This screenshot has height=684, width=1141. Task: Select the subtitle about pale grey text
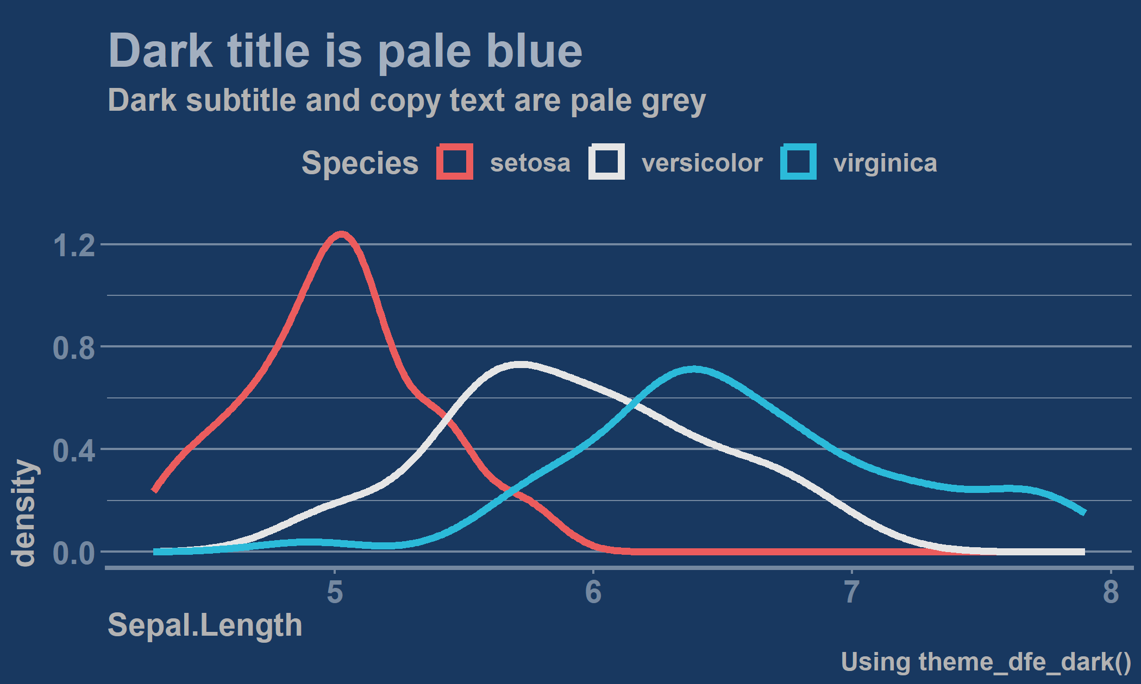406,101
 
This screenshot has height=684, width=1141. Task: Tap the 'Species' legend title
360,163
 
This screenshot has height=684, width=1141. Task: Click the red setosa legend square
455,162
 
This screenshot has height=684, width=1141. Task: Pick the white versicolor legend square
606,162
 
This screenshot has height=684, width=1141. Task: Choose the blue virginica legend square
798,162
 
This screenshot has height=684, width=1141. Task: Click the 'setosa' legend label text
530,163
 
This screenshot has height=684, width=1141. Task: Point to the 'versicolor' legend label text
702,163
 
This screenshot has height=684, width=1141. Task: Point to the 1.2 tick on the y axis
74,245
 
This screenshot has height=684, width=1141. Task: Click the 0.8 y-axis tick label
74,347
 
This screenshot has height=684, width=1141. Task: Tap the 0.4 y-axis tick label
74,450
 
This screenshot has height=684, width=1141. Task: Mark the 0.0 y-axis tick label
74,553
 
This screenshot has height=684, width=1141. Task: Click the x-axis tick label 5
335,591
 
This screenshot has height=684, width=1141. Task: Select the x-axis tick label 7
852,591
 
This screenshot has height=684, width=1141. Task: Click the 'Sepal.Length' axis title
205,626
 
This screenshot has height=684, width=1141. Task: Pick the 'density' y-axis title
23,513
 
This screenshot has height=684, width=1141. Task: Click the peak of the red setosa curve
341,235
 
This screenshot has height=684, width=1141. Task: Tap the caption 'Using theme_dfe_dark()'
986,663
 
